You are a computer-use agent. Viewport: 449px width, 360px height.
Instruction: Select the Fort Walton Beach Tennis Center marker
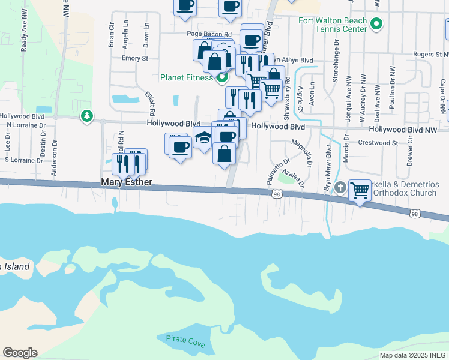[x=376, y=25]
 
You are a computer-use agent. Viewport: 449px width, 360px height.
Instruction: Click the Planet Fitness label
[x=187, y=77]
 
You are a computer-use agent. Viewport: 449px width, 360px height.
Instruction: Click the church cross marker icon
[x=340, y=188]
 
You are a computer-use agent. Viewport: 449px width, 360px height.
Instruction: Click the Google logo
[x=20, y=353]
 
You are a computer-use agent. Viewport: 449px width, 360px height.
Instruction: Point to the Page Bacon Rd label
[x=209, y=34]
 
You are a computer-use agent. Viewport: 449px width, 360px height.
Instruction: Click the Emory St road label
[x=134, y=58]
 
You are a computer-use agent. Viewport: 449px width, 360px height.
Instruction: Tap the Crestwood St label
[x=378, y=143]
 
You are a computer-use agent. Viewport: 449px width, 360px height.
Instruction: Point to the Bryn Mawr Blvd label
[x=329, y=159]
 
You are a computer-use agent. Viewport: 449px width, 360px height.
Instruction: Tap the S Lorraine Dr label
[x=24, y=160]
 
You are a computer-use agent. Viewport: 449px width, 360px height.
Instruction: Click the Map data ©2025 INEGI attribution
[x=414, y=355]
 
